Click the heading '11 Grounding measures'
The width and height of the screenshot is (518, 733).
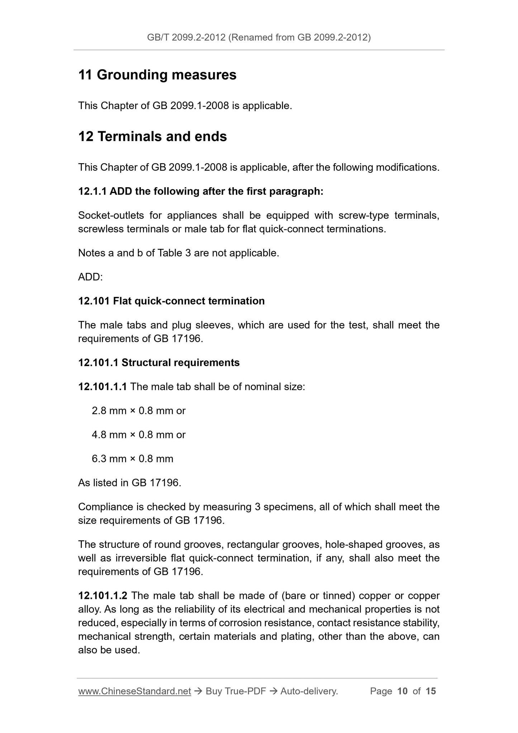(157, 75)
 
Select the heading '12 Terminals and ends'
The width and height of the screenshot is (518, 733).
(152, 137)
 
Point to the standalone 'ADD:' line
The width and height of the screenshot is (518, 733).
(90, 277)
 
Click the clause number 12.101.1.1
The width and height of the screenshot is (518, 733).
(103, 387)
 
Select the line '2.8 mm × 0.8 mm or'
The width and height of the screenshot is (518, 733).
(138, 411)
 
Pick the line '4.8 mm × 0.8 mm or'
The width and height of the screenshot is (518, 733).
(138, 435)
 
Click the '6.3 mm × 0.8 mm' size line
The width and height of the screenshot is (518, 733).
(132, 459)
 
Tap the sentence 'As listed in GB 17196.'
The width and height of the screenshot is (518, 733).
(129, 483)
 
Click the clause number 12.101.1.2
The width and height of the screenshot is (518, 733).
(103, 596)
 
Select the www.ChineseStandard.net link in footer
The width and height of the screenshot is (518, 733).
(134, 691)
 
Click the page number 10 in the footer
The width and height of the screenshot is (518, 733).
(403, 691)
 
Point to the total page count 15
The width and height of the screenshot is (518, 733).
(431, 691)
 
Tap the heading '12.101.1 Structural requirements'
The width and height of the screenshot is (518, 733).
(159, 363)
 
